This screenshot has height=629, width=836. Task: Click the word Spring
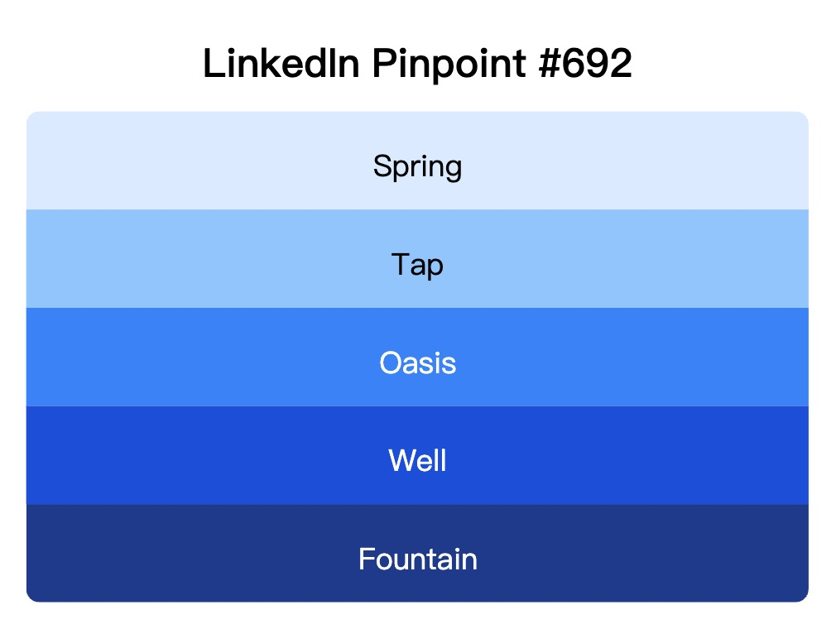click(417, 166)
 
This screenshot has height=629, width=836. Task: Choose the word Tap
click(417, 265)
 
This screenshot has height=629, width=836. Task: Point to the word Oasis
click(417, 363)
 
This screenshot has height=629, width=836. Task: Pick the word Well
click(417, 460)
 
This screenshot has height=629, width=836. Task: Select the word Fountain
click(417, 559)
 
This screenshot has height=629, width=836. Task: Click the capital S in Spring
click(382, 166)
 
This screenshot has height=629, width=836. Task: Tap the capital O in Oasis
click(390, 363)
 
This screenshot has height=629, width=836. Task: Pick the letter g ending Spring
click(452, 169)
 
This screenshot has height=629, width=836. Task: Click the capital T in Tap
click(400, 265)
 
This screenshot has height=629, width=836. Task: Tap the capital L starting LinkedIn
click(211, 65)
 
